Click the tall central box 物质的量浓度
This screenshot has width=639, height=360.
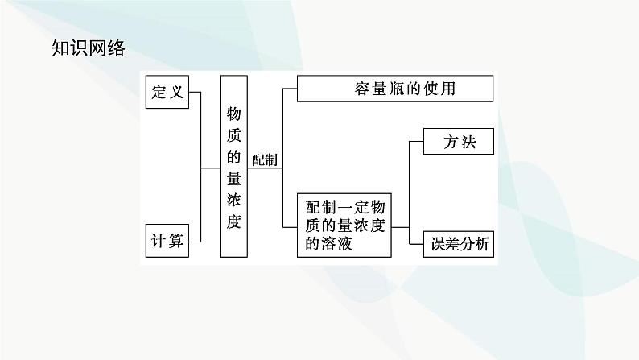click(233, 167)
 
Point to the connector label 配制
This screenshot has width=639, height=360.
click(265, 160)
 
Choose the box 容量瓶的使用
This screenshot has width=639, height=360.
click(394, 89)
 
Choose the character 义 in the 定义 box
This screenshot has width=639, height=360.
click(177, 92)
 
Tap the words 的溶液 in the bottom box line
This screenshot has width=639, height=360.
click(331, 244)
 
